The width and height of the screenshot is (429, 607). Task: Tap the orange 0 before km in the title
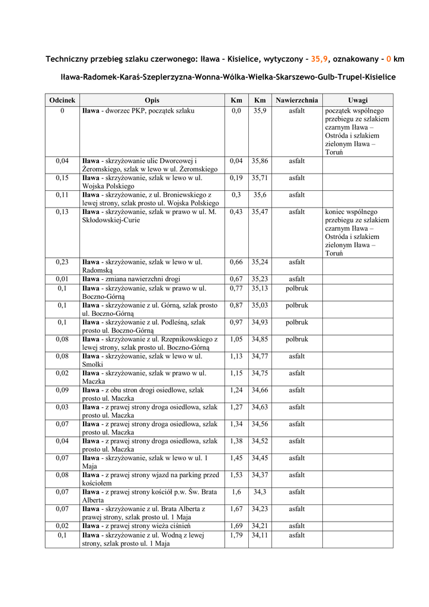tap(388, 59)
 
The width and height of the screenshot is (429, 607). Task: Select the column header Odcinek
tap(62, 100)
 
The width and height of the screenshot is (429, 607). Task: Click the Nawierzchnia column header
tap(297, 100)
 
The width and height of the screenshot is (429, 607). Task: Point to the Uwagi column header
tap(358, 100)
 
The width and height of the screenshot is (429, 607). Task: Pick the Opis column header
tap(152, 100)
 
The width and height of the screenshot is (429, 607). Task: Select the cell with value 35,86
tap(260, 161)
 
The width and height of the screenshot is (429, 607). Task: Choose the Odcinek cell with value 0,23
tap(62, 261)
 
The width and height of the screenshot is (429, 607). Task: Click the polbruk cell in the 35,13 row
tap(297, 289)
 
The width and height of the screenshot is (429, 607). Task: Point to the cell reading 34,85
tap(260, 340)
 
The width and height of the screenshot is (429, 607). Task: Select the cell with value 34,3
tap(260, 492)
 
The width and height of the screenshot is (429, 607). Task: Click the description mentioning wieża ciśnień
tap(136, 526)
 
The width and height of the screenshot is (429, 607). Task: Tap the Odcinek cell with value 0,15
tap(62, 178)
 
